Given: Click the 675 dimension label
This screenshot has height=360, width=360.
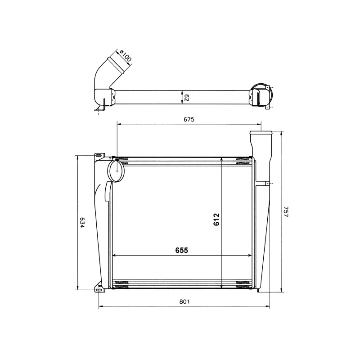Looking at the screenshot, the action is click(189, 119).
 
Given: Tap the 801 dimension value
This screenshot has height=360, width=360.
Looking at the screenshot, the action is click(184, 301).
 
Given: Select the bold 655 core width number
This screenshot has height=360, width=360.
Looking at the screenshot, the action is click(182, 250).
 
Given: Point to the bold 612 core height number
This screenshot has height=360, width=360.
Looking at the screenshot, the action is click(216, 220).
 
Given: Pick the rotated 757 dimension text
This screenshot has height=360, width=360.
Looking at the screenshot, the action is click(286, 211).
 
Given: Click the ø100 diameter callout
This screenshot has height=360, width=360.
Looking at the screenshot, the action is click(126, 56).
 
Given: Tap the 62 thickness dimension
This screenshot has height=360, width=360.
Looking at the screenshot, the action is click(186, 98).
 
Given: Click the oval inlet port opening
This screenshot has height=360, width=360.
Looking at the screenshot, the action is click(117, 171).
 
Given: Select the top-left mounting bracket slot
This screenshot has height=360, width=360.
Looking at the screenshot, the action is click(99, 156).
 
